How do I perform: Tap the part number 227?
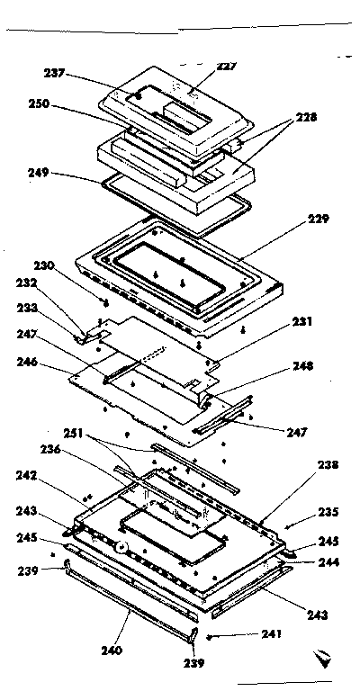[x=226, y=66]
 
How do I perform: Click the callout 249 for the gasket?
[x=64, y=172]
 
